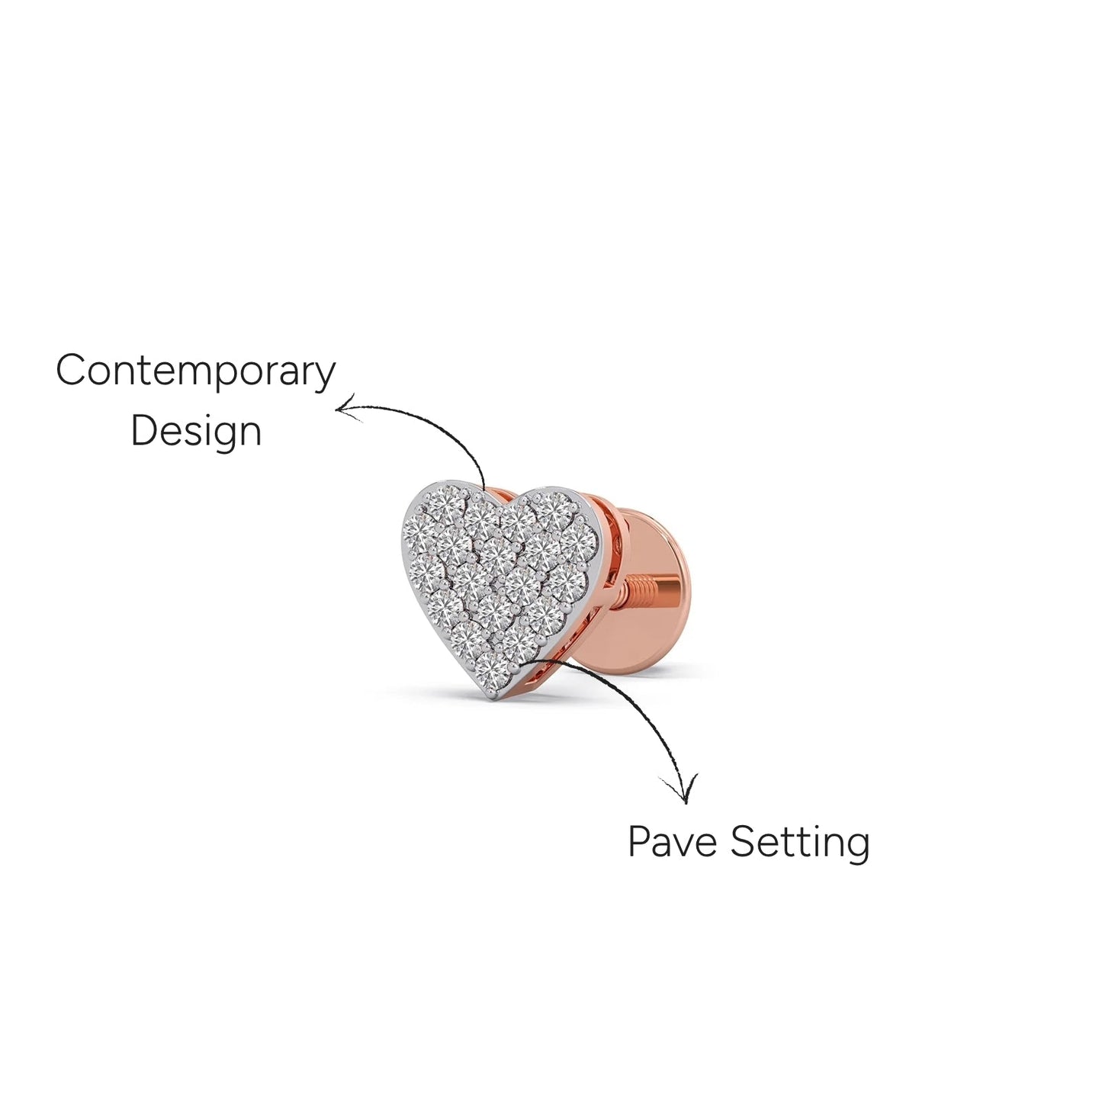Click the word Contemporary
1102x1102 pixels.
click(195, 371)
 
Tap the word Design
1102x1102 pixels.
click(196, 432)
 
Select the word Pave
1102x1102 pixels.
click(672, 842)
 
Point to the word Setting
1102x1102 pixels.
click(801, 844)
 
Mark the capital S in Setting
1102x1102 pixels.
click(743, 841)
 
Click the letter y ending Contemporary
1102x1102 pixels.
click(324, 378)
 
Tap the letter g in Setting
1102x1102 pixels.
click(858, 849)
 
